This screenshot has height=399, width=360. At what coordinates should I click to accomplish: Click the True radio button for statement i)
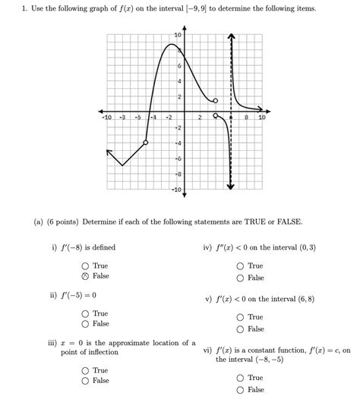tap(85, 266)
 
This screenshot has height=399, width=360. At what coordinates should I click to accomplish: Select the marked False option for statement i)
tap(85, 276)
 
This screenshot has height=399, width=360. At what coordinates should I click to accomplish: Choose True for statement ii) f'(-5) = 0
tap(85, 313)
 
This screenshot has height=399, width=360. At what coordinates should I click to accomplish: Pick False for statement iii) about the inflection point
tap(85, 380)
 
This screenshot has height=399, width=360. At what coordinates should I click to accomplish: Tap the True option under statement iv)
tap(240, 266)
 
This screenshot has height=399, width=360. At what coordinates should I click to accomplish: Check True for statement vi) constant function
tap(240, 378)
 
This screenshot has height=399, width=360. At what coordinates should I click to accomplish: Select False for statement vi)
tap(240, 390)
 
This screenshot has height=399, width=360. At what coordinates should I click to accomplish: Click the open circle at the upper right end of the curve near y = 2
tap(216, 100)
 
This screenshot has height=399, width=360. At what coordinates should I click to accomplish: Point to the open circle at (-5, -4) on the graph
tap(145, 142)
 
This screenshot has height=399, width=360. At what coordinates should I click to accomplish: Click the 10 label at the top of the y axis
tap(178, 36)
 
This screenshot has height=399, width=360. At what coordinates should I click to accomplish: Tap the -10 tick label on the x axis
tap(107, 118)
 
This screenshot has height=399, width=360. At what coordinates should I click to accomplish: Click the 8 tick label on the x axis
tap(247, 118)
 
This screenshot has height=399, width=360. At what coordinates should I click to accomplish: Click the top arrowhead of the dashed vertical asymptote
tap(231, 36)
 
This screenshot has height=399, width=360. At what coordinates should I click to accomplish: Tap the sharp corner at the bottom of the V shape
tap(122, 165)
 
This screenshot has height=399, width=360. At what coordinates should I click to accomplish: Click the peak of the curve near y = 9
tap(172, 45)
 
